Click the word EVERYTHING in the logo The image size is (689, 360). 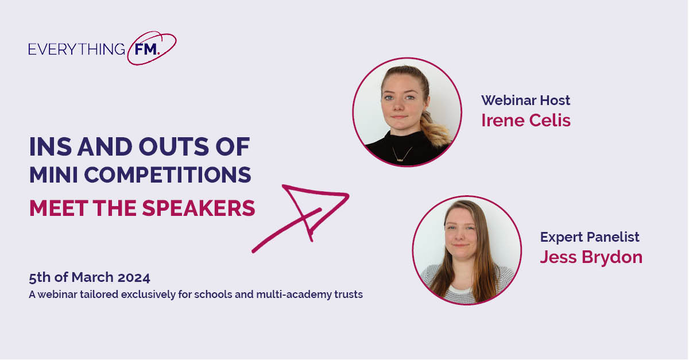point(76,49)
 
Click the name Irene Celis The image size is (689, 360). point(525,121)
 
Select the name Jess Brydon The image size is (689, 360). point(591,257)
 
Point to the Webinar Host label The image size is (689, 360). point(525,100)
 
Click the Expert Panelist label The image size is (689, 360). point(589,237)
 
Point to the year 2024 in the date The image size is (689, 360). point(135,278)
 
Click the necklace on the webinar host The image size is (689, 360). point(402,153)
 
